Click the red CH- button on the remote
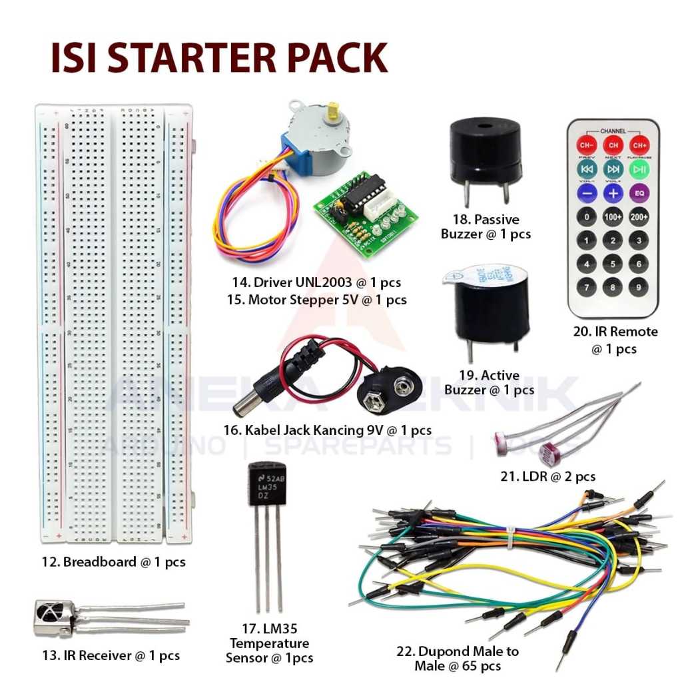pyautogui.click(x=587, y=145)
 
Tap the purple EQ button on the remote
pyautogui.click(x=639, y=192)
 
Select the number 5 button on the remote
pyautogui.click(x=613, y=264)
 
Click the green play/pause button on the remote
pyautogui.click(x=639, y=169)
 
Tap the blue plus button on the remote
pyautogui.click(x=613, y=192)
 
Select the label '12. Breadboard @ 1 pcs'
pyautogui.click(x=113, y=562)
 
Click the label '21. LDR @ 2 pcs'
pyautogui.click(x=547, y=476)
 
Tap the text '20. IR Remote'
pyautogui.click(x=614, y=332)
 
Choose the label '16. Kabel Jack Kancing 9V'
pyautogui.click(x=328, y=430)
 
